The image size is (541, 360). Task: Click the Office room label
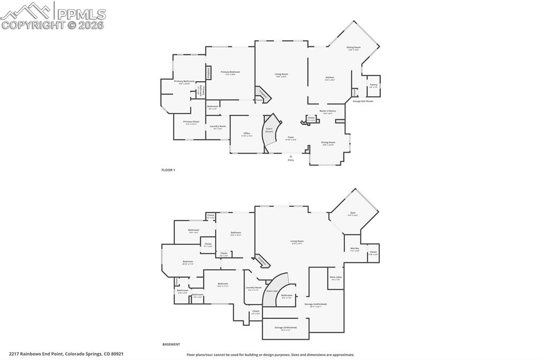(247, 134)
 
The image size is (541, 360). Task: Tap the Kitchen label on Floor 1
(330, 78)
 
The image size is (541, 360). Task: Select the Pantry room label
(374, 84)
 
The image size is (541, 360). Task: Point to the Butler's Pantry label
(328, 111)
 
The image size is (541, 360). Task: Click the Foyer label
(291, 137)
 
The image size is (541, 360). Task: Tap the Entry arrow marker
(291, 156)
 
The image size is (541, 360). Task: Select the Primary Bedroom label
(230, 72)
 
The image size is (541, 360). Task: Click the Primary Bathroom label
(184, 81)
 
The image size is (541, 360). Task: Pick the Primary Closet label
(191, 122)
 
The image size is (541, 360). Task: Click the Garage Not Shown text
(363, 101)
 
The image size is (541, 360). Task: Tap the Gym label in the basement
(352, 213)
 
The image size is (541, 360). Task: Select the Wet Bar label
(355, 249)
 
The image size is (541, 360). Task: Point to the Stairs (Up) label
(273, 291)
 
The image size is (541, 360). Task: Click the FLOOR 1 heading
(168, 170)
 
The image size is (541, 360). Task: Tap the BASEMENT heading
(171, 344)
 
